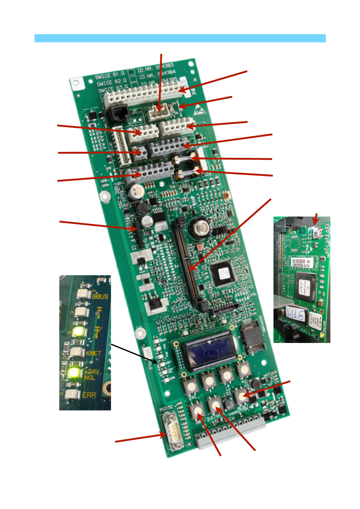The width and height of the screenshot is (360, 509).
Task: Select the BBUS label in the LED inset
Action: tap(100, 296)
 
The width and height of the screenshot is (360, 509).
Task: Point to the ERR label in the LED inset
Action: tap(89, 395)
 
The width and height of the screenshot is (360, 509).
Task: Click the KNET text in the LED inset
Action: tap(93, 353)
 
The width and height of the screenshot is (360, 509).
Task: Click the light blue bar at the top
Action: tap(180, 38)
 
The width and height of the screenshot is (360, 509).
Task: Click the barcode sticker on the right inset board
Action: tap(301, 263)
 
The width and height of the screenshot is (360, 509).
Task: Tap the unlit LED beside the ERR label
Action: tap(72, 394)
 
